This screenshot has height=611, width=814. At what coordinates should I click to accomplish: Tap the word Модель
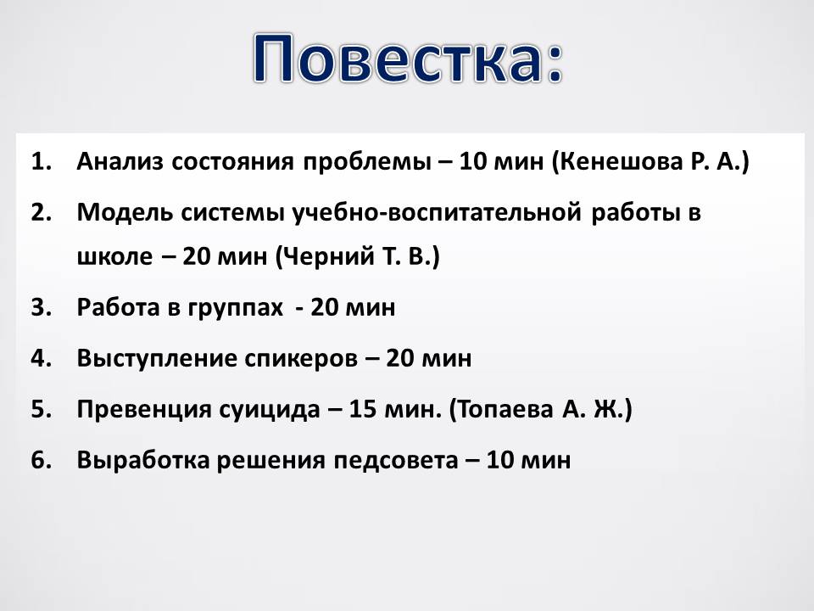click(125, 212)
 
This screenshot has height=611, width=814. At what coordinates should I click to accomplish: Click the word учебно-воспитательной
click(437, 212)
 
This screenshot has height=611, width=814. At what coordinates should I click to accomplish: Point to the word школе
click(114, 256)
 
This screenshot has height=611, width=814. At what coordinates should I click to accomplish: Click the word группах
click(235, 308)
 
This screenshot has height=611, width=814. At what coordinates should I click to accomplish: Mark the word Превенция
click(144, 409)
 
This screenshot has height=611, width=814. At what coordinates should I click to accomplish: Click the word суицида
click(270, 409)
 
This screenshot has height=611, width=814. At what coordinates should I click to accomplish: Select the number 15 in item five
click(362, 409)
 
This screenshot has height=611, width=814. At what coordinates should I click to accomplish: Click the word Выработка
click(142, 460)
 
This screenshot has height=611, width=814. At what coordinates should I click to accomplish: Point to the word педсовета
click(396, 461)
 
